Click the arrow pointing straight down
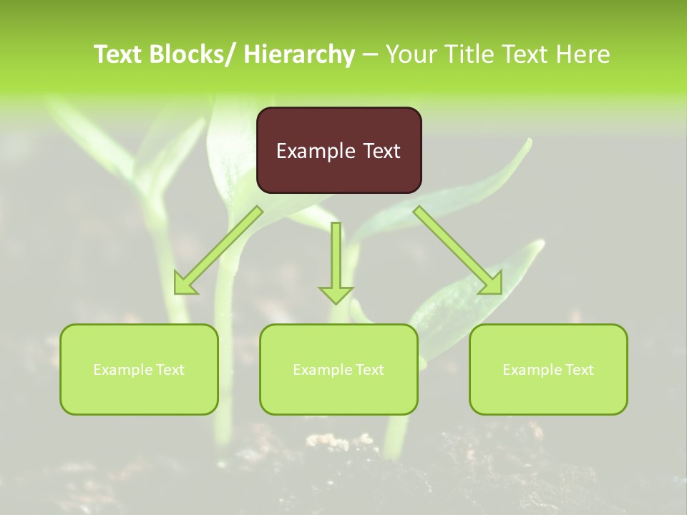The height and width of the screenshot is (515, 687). tap(336, 261)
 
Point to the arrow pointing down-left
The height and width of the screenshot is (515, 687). tap(218, 250)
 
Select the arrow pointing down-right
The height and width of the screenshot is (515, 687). tap(458, 250)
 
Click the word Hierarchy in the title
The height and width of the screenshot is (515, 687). tap(299, 54)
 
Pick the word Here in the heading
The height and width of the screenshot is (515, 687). tap(585, 54)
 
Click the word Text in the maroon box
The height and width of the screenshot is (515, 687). tap(379, 151)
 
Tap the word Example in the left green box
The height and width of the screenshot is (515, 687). tap(122, 370)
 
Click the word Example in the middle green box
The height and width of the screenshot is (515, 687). tap(321, 370)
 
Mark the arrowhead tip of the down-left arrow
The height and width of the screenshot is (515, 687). tap(177, 292)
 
